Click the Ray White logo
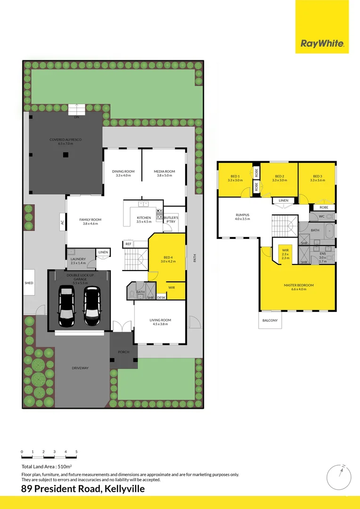click(323, 44)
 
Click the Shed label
click(29, 283)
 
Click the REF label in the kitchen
click(128, 244)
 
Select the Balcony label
click(270, 320)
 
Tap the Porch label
click(123, 352)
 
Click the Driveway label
click(80, 368)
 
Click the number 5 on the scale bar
click(76, 452)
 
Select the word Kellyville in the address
click(124, 489)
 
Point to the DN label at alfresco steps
click(76, 117)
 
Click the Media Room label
click(164, 173)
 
